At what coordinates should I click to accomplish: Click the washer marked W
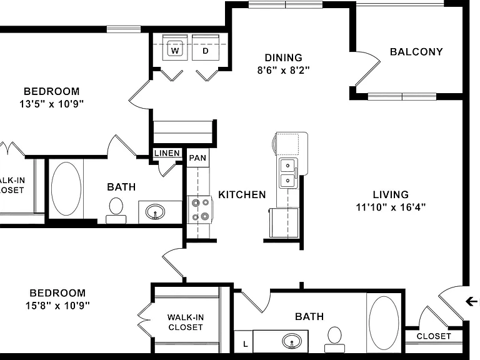(x=175, y=47)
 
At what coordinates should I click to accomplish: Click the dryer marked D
(x=206, y=47)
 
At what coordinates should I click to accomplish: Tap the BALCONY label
(x=416, y=52)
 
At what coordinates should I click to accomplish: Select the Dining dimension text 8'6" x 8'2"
(x=284, y=71)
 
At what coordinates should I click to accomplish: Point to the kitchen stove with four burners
(x=199, y=210)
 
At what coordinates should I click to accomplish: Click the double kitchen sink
(x=288, y=173)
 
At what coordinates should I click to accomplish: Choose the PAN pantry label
(x=197, y=158)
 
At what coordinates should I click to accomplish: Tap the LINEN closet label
(x=167, y=153)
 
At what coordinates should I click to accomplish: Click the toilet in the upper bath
(x=116, y=210)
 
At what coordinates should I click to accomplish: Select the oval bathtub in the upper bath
(x=66, y=189)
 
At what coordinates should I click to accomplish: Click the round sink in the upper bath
(x=155, y=212)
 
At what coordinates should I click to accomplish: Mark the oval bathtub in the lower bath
(x=384, y=322)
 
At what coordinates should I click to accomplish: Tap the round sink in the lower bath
(x=292, y=341)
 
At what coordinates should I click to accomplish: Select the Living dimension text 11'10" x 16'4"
(x=391, y=207)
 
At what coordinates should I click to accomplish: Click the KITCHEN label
(x=242, y=195)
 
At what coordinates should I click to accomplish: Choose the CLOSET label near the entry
(x=434, y=336)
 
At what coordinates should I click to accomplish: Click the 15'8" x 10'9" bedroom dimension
(x=57, y=306)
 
